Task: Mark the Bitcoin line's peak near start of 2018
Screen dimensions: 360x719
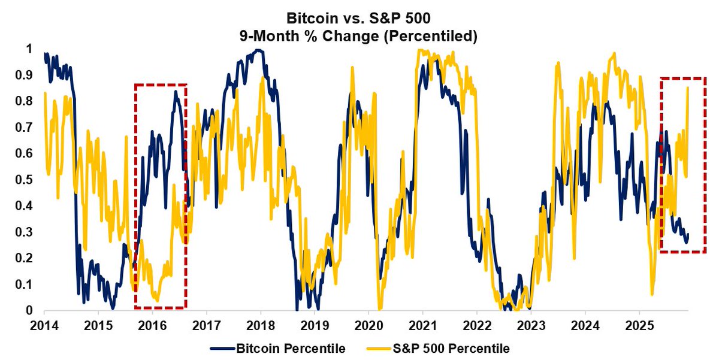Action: point(258,50)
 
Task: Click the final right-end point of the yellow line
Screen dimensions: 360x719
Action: point(687,87)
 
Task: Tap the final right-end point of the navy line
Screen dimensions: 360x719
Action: point(688,234)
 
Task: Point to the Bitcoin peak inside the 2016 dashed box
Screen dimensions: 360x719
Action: point(176,90)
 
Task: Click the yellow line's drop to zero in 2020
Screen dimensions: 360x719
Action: point(379,309)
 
